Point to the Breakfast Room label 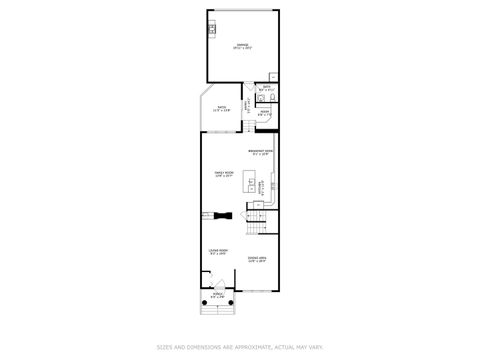point(262,153)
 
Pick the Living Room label point(217,251)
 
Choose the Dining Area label point(257,259)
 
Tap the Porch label point(217,296)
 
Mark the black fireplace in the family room point(221,214)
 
